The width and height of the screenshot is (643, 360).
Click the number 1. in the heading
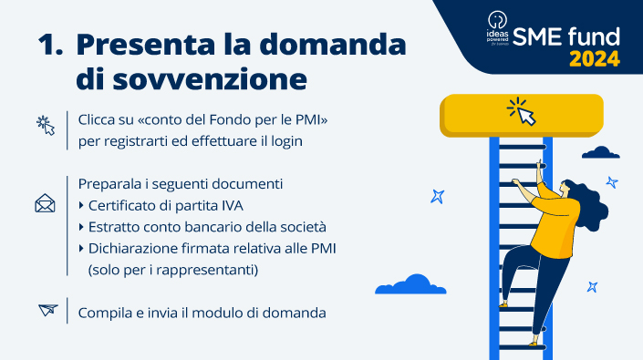pyautogui.click(x=50, y=46)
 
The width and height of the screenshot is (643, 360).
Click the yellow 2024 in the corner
pyautogui.click(x=595, y=59)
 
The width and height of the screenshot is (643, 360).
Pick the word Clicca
pyautogui.click(x=99, y=119)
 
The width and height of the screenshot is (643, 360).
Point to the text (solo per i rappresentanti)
pyautogui.click(x=173, y=271)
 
